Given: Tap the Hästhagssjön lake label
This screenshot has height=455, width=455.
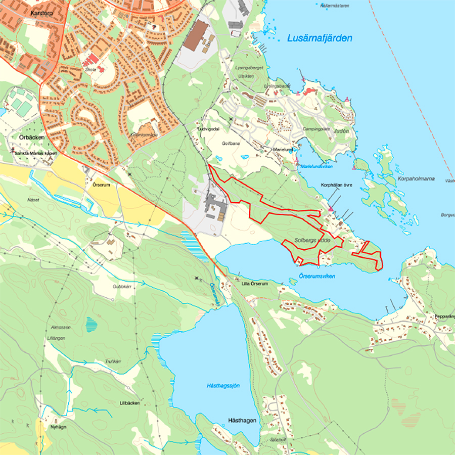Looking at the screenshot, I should point(223,386).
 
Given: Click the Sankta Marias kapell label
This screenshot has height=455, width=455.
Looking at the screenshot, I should point(35,153).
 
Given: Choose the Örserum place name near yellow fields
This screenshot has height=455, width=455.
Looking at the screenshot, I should point(101,185).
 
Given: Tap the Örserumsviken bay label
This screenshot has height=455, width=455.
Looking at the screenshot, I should point(317,276).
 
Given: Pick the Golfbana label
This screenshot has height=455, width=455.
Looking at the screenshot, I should point(231,143).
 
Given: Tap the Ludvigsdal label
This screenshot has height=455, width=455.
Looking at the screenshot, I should point(208,129).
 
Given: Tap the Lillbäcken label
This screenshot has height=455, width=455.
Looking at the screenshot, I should point(129,403).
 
